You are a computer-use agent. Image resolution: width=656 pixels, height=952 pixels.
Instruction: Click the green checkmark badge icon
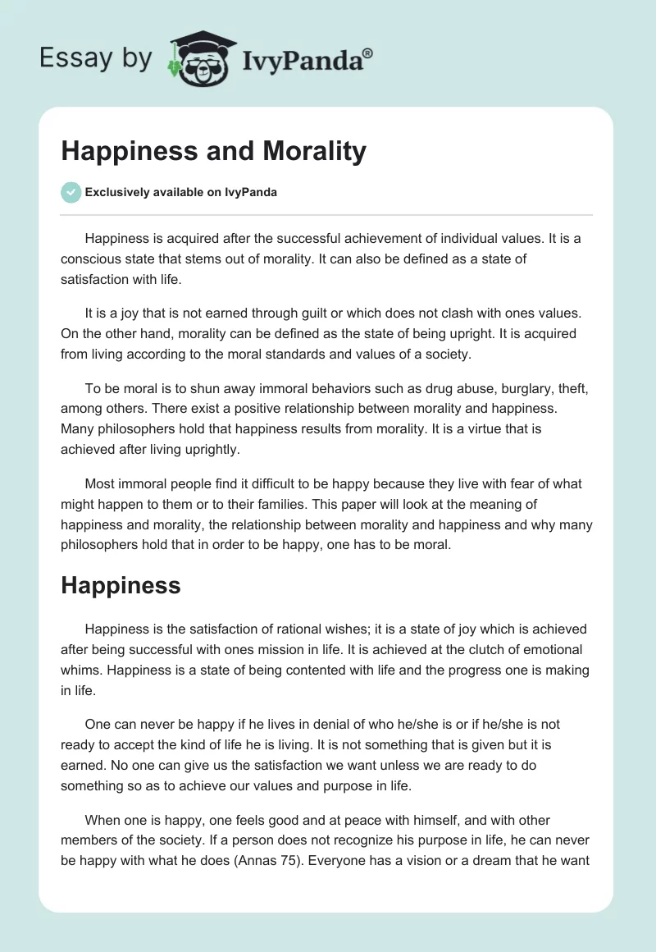tap(71, 192)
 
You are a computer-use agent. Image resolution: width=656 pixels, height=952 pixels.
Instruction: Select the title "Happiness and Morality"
tap(213, 152)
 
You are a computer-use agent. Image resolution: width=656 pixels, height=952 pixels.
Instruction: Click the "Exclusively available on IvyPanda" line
tap(180, 193)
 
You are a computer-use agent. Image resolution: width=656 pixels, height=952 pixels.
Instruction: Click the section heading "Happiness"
tap(120, 585)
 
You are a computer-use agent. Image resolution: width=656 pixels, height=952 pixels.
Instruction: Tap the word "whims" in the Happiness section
tap(81, 671)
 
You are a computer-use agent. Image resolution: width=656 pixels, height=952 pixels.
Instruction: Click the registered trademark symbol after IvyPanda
tap(367, 52)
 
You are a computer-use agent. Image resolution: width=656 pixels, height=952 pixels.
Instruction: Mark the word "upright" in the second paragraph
tap(459, 333)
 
